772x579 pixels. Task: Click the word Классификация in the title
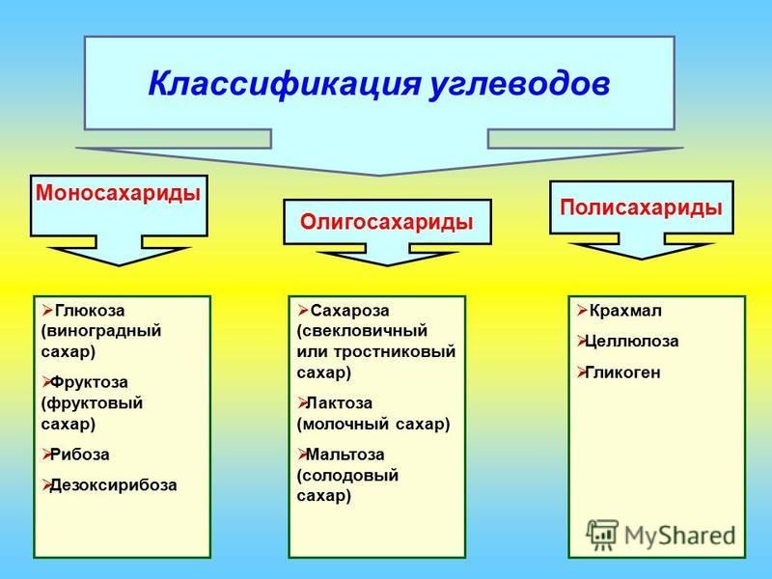point(285,84)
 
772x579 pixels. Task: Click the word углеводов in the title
point(520,85)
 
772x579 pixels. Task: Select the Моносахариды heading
point(118,192)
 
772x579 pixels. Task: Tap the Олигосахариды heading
point(387,222)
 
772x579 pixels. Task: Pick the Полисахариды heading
point(641,207)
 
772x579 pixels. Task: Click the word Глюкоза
point(90,311)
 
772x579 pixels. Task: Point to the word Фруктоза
point(89,382)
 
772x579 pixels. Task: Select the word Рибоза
point(79,454)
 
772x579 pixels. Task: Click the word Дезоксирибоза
point(113,485)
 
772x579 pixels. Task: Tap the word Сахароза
point(349,311)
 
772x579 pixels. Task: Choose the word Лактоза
point(339,402)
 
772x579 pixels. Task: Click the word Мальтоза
point(345,454)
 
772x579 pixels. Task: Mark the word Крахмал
point(625,311)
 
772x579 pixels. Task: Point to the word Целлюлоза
point(632,342)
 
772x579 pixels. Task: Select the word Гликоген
point(622,372)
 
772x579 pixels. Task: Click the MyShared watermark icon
point(601,535)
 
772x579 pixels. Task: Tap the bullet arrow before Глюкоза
point(47,311)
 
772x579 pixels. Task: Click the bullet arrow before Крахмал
point(582,311)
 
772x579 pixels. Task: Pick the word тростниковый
point(395,352)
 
